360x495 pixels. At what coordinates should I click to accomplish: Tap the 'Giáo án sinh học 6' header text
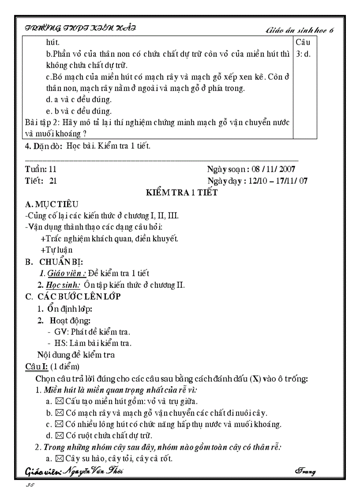(300, 30)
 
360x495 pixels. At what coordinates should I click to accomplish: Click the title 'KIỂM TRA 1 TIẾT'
(182, 193)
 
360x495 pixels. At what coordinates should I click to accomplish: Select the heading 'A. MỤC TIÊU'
(52, 204)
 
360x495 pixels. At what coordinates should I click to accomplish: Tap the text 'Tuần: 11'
(41, 169)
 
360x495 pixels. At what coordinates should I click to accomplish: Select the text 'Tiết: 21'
(41, 181)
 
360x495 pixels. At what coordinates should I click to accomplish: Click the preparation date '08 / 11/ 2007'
(273, 169)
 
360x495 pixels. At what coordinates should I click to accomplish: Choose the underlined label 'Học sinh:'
(63, 285)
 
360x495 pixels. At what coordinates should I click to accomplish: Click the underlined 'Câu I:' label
(37, 366)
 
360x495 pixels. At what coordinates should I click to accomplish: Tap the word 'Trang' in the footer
(305, 472)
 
